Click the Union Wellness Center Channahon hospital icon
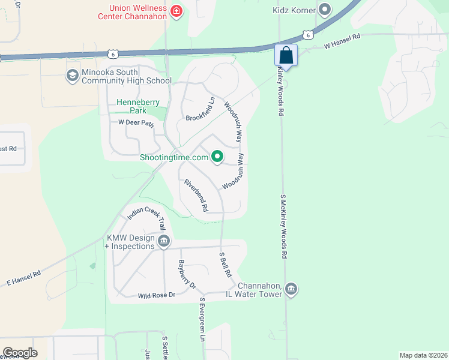(x=176, y=11)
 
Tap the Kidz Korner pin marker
(x=325, y=9)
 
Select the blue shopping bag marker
(x=286, y=55)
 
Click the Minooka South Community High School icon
(x=72, y=75)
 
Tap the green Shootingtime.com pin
(x=217, y=158)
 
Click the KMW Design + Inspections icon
(x=164, y=242)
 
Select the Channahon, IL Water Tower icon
(x=291, y=289)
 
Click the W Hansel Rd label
(x=342, y=41)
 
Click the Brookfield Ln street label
(x=200, y=109)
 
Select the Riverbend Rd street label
(x=196, y=195)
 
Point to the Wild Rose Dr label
(x=156, y=295)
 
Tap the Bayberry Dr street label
(x=187, y=274)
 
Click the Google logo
(x=20, y=352)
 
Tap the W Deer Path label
(x=136, y=123)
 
